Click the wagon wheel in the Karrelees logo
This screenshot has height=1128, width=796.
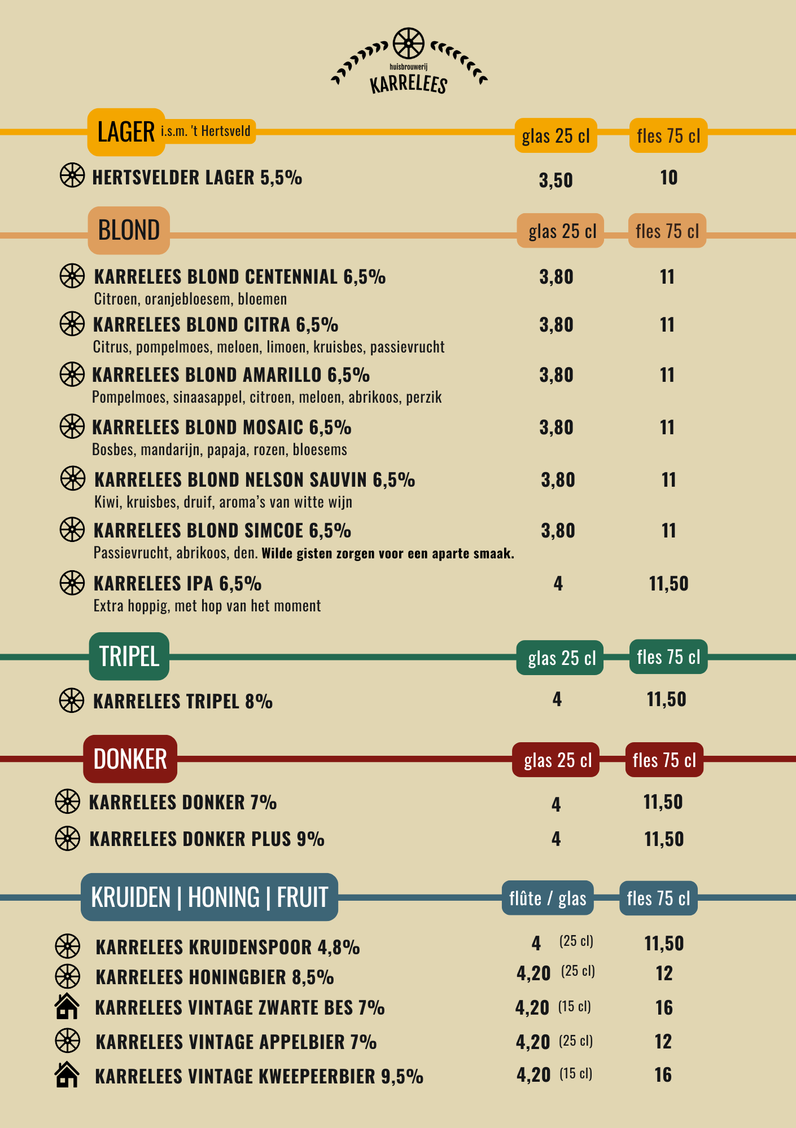[x=408, y=43]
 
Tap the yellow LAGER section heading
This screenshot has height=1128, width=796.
[x=126, y=132]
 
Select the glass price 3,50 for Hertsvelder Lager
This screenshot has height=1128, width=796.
[x=556, y=180]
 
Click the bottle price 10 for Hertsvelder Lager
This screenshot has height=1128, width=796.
[x=669, y=178]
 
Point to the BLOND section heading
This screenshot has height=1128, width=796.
[x=129, y=230]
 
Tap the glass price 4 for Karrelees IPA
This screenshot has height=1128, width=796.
[x=558, y=584]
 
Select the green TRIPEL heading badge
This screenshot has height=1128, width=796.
[x=129, y=656]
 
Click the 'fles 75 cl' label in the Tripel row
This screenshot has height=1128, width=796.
[x=668, y=657]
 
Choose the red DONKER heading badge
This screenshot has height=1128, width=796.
[x=130, y=759]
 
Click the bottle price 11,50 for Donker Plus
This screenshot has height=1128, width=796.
[x=664, y=839]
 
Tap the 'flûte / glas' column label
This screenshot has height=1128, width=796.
[x=548, y=898]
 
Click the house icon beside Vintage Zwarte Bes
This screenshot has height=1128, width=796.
[x=67, y=1006]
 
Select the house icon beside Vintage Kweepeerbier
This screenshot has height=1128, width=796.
[x=67, y=1074]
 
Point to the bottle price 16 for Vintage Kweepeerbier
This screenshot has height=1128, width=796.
[x=663, y=1075]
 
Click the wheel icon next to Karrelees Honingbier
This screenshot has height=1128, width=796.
[x=67, y=976]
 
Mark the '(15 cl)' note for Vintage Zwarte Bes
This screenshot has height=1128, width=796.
[x=575, y=1007]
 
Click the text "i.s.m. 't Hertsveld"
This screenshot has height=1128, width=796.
[x=205, y=131]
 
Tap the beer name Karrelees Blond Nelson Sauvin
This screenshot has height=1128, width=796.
[x=255, y=480]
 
